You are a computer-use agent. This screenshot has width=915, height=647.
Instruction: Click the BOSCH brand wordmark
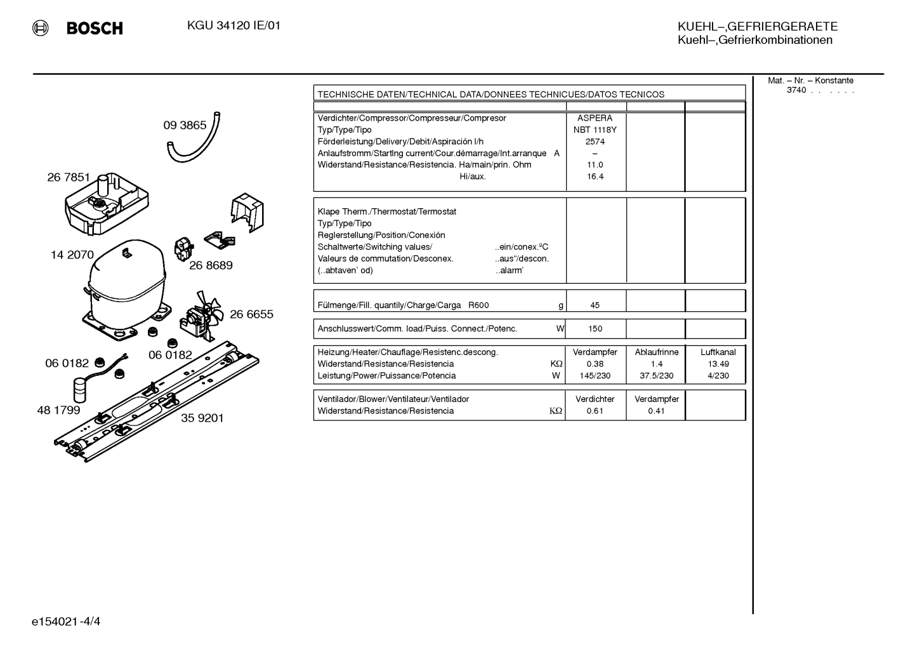coord(95,28)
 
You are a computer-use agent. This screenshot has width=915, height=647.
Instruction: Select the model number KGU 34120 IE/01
coord(234,26)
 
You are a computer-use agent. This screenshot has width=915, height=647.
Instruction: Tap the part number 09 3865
coord(185,125)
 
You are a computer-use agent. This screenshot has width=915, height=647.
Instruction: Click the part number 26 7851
coord(69,177)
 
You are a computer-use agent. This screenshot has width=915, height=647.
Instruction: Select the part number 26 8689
coord(211,265)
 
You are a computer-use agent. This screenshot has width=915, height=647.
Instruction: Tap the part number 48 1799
coord(58,410)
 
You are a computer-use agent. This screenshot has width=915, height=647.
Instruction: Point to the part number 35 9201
coord(202,418)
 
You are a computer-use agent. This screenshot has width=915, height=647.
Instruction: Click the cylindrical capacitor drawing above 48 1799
coord(81,391)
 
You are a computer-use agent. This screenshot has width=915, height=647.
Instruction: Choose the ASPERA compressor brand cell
coord(595,118)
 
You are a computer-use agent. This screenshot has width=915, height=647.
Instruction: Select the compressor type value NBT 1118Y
coord(595,130)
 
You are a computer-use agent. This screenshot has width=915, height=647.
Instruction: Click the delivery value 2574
coord(595,142)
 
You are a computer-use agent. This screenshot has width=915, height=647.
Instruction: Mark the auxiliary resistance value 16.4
coord(595,177)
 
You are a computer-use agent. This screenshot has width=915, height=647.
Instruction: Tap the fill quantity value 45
coord(595,305)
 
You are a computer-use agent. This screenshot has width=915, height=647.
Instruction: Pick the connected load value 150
coord(595,329)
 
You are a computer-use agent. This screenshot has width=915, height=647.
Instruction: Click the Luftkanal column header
coord(718,352)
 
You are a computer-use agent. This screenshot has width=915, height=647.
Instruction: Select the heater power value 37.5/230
coord(657,376)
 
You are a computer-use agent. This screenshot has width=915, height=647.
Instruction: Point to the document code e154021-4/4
coord(66,622)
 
